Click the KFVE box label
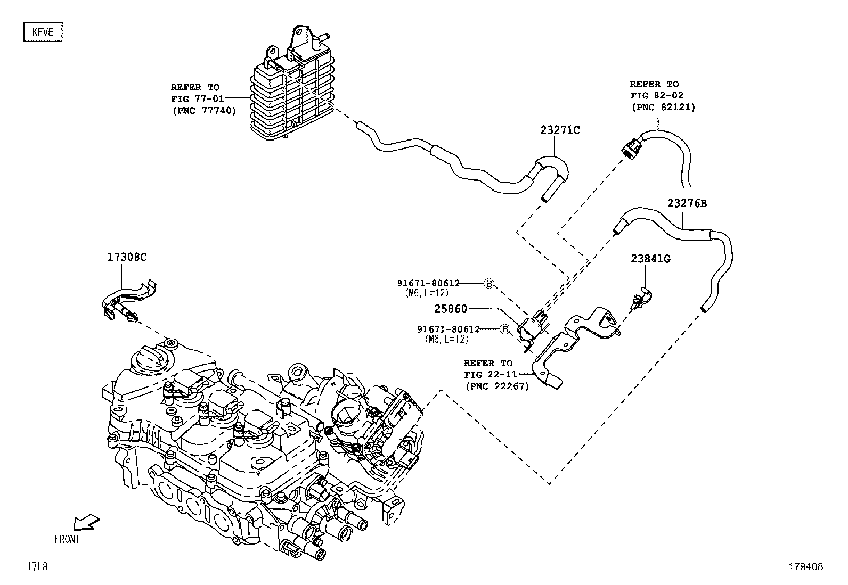pyautogui.click(x=43, y=32)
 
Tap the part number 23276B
pyautogui.click(x=687, y=203)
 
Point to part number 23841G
pyautogui.click(x=650, y=259)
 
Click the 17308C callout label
pyautogui.click(x=127, y=257)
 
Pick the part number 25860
pyautogui.click(x=451, y=309)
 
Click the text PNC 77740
pyautogui.click(x=203, y=110)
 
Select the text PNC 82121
pyautogui.click(x=663, y=107)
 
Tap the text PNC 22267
pyautogui.click(x=496, y=386)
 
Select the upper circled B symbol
pyautogui.click(x=488, y=284)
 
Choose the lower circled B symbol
pyautogui.click(x=505, y=329)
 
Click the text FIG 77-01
pyautogui.click(x=197, y=98)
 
